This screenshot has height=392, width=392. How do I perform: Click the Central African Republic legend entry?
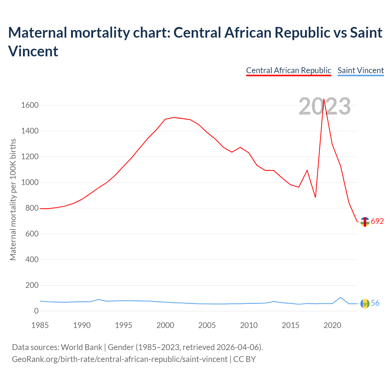tap(288, 70)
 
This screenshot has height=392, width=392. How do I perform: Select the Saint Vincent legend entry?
tap(360, 70)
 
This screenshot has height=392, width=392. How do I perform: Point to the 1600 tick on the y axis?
tap(30, 105)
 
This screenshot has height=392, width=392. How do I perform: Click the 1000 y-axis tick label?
tap(30, 183)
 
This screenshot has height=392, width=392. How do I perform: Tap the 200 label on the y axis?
tap(32, 285)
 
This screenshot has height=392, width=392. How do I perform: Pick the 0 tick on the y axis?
tap(36, 311)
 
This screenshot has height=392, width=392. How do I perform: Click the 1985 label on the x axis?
tap(40, 325)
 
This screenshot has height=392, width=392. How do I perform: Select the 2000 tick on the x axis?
tap(165, 325)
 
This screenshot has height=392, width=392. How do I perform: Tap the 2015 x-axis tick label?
tap(291, 325)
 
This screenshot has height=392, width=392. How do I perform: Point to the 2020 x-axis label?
tap(332, 325)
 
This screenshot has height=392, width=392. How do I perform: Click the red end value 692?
tap(377, 221)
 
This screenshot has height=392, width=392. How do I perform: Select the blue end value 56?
tap(375, 303)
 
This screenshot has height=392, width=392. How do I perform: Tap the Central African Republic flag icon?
tap(365, 222)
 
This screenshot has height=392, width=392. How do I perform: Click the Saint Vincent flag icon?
tap(365, 303)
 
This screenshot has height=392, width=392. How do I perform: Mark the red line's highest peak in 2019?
tap(324, 99)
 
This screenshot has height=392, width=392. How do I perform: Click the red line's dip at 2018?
tap(315, 197)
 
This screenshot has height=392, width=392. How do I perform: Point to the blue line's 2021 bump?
tap(341, 297)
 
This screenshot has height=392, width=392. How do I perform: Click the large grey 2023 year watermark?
tap(325, 107)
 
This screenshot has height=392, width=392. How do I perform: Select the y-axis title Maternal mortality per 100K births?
tap(13, 200)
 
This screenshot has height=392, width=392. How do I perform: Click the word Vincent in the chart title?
tap(33, 51)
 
